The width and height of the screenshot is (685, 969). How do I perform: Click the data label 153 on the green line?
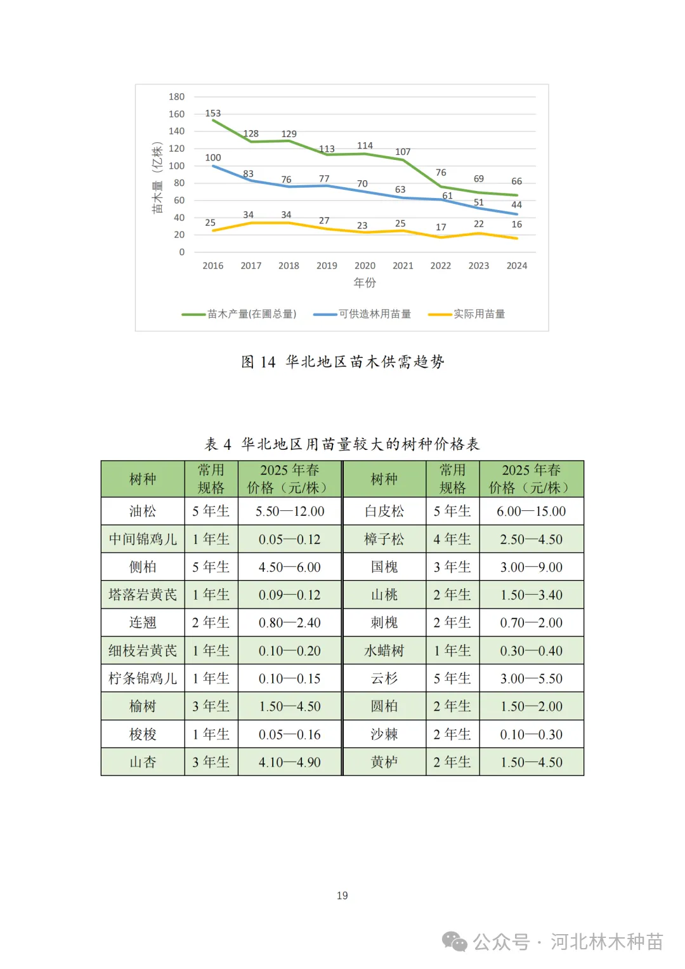(x=213, y=114)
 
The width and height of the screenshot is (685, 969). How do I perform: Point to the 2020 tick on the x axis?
(x=365, y=266)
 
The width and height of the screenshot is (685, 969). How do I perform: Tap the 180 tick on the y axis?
(x=176, y=97)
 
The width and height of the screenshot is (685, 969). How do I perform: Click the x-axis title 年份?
(x=365, y=283)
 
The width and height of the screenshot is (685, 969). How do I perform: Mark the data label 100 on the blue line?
(x=213, y=158)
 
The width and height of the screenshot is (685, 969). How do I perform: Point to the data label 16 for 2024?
(x=517, y=225)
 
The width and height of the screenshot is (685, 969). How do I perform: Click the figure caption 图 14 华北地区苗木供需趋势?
(x=342, y=362)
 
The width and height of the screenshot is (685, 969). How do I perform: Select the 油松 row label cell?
(x=143, y=511)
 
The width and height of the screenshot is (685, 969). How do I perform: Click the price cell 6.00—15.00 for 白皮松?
(x=532, y=511)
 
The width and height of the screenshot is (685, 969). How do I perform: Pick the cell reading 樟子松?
(x=384, y=539)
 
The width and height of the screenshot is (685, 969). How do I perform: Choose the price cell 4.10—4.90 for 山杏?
(x=290, y=762)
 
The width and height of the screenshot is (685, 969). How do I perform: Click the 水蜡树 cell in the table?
(x=384, y=651)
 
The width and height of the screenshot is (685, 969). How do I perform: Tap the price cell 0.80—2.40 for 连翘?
(x=290, y=623)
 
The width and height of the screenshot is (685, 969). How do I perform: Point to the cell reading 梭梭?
(x=143, y=734)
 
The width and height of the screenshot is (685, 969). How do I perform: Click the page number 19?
(x=342, y=895)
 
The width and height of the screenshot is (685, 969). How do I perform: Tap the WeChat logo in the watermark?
(x=455, y=942)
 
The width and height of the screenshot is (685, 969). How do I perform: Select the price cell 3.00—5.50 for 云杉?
(x=532, y=678)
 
